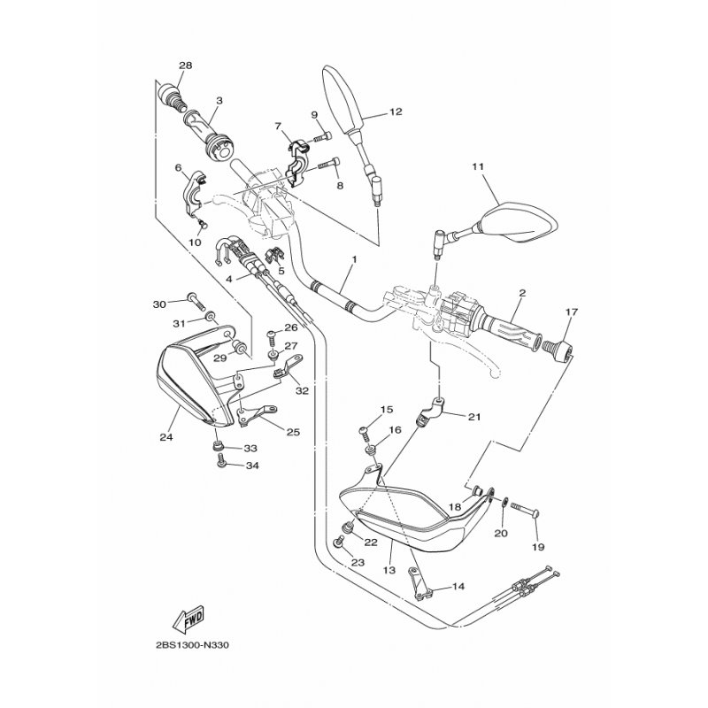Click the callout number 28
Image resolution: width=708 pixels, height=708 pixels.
click(x=185, y=65)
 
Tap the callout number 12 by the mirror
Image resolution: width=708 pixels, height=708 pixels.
click(x=395, y=112)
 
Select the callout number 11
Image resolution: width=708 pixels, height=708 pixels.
click(x=479, y=166)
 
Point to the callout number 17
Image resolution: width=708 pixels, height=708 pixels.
click(x=571, y=312)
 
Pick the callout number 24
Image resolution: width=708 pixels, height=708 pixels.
click(x=164, y=435)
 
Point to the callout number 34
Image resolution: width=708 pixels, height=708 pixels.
click(x=252, y=465)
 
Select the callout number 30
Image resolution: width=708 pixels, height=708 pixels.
click(x=159, y=304)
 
